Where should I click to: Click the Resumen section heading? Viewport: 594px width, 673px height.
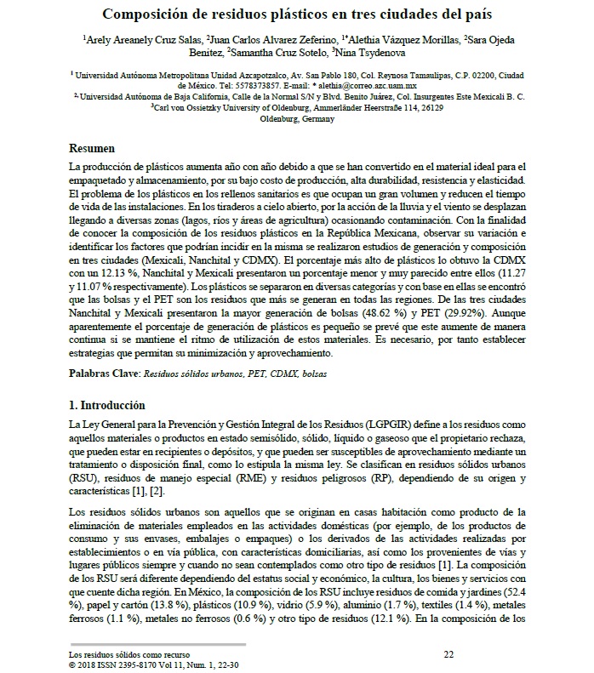[93, 147]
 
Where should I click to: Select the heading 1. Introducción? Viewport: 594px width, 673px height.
[108, 404]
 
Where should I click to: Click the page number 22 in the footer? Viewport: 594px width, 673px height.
[449, 653]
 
